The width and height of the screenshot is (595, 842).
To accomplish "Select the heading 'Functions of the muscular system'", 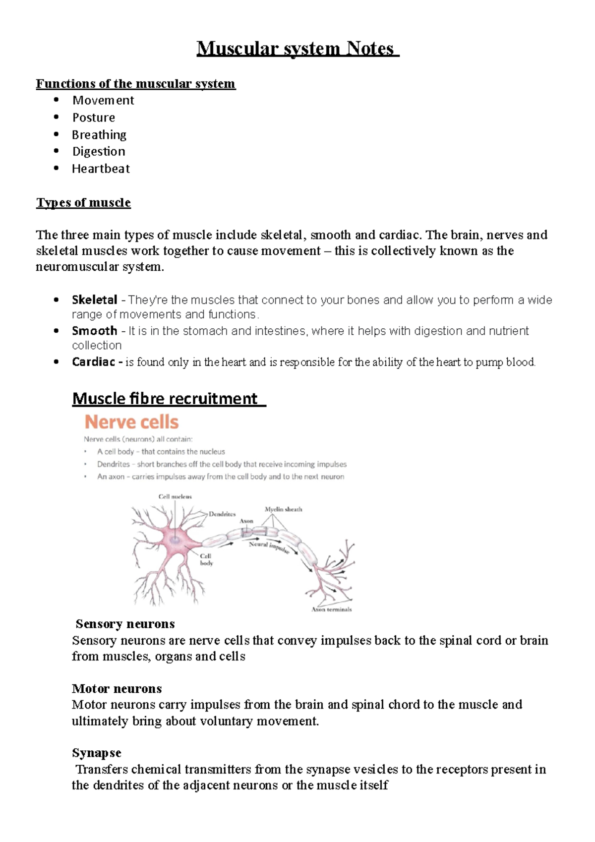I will tap(135, 83).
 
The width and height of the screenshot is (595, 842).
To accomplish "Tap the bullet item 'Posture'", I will tap(93, 118).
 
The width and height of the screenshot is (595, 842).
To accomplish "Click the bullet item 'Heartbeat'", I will tap(101, 169).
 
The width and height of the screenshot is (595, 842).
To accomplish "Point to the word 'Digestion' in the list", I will tap(99, 151).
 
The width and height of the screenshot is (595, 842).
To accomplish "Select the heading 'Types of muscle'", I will tap(83, 202).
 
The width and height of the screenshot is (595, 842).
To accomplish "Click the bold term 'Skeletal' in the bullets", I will tap(94, 300).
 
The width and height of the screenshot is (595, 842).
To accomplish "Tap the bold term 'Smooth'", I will tap(94, 331).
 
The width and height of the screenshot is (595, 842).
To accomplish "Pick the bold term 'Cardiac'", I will tap(94, 362).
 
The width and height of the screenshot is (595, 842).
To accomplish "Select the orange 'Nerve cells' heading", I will tap(131, 422).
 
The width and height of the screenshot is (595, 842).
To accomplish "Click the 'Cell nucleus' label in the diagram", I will tap(175, 496).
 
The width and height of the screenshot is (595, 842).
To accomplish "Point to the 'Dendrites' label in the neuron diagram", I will tap(222, 514).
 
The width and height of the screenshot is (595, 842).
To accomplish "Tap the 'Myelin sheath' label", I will tap(283, 509).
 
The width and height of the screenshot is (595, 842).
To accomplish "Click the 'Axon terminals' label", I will tap(331, 609).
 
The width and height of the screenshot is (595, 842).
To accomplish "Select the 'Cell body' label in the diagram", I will tap(206, 559).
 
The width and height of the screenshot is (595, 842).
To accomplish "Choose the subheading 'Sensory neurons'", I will tap(125, 624).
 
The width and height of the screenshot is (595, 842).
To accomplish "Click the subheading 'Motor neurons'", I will tap(117, 688).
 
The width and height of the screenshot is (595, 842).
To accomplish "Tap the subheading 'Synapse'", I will tap(96, 753).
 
